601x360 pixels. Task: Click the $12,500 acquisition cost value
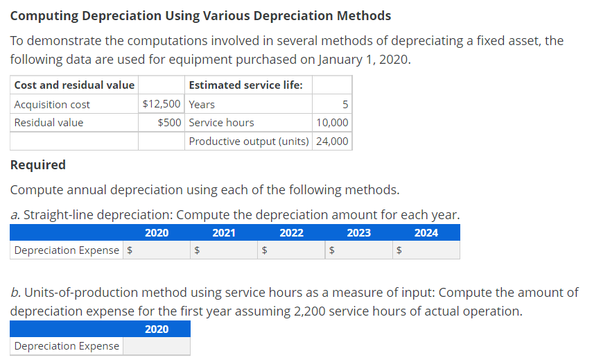click(162, 105)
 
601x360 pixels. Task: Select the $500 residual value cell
click(169, 123)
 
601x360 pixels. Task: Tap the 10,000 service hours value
click(332, 123)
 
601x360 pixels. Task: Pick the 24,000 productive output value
click(332, 142)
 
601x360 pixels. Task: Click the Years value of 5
click(345, 105)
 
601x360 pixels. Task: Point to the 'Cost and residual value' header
click(74, 85)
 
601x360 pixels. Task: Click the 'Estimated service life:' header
click(245, 85)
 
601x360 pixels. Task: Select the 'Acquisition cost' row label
click(52, 105)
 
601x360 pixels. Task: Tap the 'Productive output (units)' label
click(249, 142)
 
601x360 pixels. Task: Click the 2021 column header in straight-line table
click(223, 233)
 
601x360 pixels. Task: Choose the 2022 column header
click(291, 233)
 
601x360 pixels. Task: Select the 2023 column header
click(358, 233)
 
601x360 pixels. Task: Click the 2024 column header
click(426, 233)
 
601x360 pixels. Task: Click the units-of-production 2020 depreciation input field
click(156, 346)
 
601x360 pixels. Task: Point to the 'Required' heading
click(39, 165)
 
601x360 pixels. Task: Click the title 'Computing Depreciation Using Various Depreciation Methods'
click(201, 15)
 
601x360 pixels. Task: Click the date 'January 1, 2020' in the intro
click(365, 59)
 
